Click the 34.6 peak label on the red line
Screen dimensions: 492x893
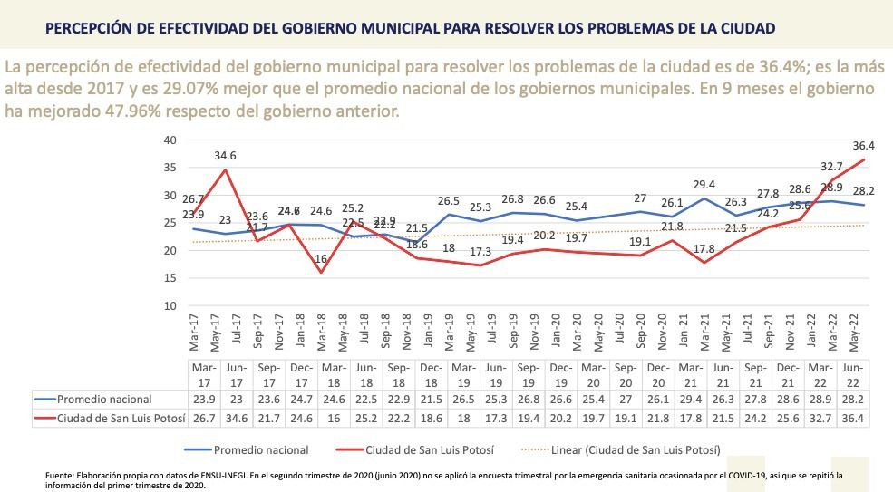[226, 156]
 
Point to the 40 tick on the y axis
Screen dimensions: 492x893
[170, 140]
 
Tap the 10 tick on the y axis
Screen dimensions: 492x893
[170, 305]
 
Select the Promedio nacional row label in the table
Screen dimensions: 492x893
[104, 398]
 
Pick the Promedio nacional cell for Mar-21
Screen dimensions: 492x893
[693, 398]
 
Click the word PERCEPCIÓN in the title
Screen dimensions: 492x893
[93, 28]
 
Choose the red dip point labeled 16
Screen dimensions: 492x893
[321, 272]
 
